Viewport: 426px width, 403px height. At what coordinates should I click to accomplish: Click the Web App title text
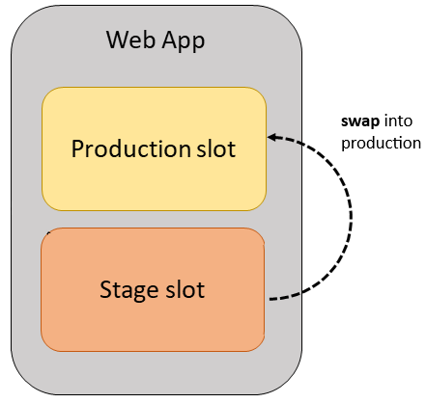[x=156, y=40]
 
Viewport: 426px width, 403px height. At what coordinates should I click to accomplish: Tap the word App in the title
[x=184, y=41]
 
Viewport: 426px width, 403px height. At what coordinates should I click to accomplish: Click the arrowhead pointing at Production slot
[x=273, y=137]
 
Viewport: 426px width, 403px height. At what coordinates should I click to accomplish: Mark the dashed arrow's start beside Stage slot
[x=271, y=298]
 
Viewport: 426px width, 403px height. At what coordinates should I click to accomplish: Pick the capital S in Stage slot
[x=106, y=288]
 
